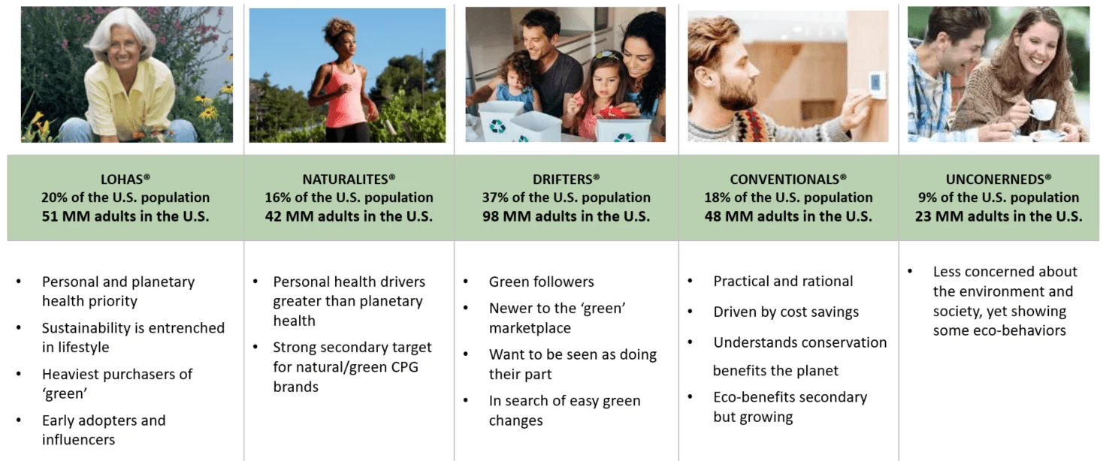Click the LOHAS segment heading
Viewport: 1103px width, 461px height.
[x=125, y=179]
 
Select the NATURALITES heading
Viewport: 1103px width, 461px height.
[x=349, y=179]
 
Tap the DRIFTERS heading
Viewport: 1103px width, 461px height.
[x=566, y=179]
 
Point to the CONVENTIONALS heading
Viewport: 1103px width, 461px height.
[x=788, y=179]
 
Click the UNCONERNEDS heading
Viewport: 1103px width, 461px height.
[x=998, y=179]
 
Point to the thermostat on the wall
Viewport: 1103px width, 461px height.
[x=877, y=85]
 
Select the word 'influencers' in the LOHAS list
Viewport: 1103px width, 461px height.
[x=78, y=439]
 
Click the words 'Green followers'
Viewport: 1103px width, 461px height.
[x=541, y=282]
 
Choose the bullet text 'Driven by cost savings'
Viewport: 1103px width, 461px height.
[x=786, y=312]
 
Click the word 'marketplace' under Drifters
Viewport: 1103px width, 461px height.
[x=530, y=328]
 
